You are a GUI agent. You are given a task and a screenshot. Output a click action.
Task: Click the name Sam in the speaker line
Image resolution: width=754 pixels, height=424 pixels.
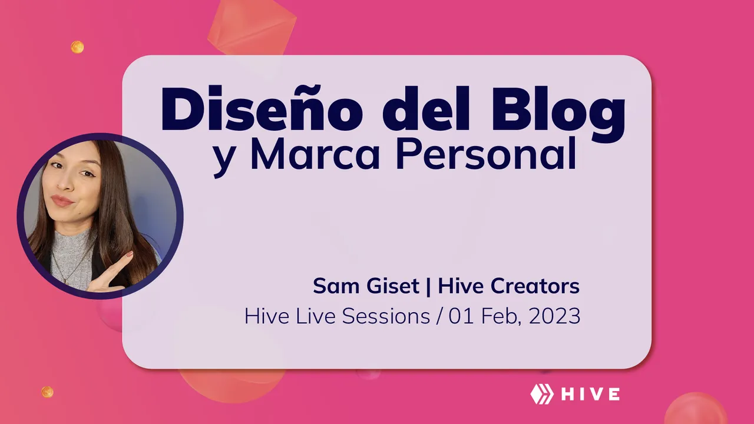(x=336, y=286)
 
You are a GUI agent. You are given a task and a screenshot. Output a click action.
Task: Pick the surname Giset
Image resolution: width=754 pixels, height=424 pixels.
(x=393, y=286)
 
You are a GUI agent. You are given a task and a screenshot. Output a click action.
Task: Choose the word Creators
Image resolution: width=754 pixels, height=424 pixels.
(x=535, y=286)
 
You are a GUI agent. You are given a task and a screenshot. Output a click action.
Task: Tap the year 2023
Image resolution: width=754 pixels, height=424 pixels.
(x=554, y=316)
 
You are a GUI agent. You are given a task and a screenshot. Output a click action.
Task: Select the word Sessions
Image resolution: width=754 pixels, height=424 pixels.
(x=386, y=316)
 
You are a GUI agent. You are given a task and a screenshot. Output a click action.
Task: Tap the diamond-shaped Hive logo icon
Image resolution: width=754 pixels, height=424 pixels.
(x=542, y=394)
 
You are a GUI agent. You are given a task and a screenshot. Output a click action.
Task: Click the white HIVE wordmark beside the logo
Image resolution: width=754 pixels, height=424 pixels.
(x=591, y=394)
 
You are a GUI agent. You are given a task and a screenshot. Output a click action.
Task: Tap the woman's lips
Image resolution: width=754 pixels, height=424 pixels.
(x=62, y=201)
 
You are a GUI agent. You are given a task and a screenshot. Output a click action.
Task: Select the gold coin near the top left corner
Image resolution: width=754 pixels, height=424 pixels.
(x=77, y=47)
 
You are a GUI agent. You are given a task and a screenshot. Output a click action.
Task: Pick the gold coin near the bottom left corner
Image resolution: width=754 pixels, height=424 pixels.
(x=47, y=392)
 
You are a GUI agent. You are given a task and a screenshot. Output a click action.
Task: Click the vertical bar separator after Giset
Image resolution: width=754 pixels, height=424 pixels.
(x=428, y=287)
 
